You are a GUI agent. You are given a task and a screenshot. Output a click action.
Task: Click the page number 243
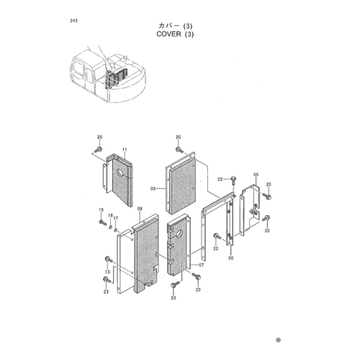[x=73, y=21]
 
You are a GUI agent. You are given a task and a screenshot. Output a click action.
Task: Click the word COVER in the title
[x=168, y=34]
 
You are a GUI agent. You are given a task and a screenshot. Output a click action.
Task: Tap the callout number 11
[x=125, y=150]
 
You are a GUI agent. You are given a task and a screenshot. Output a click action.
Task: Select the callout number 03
[x=153, y=189]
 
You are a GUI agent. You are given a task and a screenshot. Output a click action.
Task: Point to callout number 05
[x=256, y=175]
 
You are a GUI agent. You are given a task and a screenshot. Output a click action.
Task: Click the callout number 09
[x=140, y=209]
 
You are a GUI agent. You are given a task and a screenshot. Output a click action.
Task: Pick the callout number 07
[x=201, y=265]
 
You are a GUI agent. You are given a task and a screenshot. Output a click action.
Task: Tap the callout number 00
[x=230, y=258]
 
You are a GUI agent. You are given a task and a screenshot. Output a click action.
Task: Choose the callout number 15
[x=102, y=210]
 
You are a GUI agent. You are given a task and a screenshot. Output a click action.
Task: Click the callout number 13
[x=107, y=272]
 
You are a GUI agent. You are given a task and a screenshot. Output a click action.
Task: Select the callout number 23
[x=106, y=292]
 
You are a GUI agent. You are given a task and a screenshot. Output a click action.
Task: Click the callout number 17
[x=116, y=218]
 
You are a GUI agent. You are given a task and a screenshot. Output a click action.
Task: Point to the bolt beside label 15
[x=103, y=222]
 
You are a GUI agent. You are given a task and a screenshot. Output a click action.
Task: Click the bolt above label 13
[x=109, y=260]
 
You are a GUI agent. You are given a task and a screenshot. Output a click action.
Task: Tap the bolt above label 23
[x=107, y=279]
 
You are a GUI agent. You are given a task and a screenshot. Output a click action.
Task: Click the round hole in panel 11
[x=120, y=173]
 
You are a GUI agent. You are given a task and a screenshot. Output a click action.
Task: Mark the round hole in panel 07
[x=179, y=234]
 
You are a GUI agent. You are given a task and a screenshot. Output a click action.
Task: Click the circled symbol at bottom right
[x=278, y=340]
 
